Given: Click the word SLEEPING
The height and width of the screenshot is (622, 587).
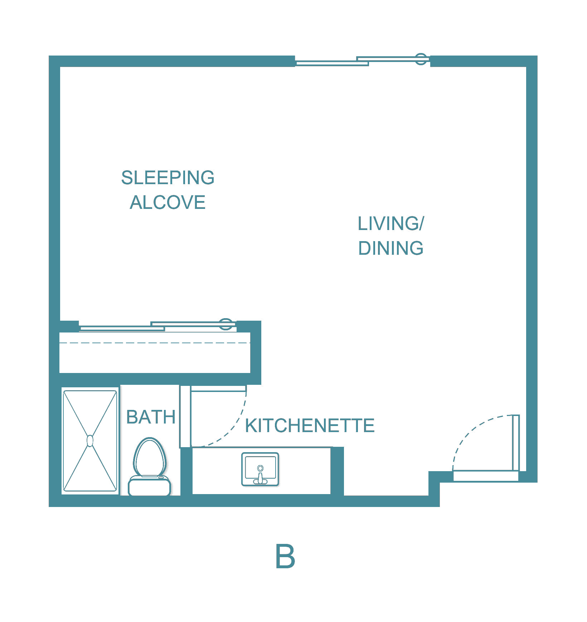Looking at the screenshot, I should pyautogui.click(x=168, y=178).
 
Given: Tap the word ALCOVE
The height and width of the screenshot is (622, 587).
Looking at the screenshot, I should pyautogui.click(x=168, y=202).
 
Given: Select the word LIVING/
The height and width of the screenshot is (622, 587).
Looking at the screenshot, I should pyautogui.click(x=390, y=224).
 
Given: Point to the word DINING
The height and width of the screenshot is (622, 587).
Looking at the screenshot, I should pyautogui.click(x=390, y=248).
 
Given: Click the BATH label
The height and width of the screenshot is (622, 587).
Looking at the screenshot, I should pyautogui.click(x=151, y=417).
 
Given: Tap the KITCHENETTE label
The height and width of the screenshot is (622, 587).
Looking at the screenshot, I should pyautogui.click(x=310, y=426).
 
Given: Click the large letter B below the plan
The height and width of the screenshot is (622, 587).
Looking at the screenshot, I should pyautogui.click(x=285, y=556).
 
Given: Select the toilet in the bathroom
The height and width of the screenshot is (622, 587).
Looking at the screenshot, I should pyautogui.click(x=150, y=459).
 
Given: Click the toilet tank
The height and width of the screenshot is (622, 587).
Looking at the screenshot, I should pyautogui.click(x=149, y=487).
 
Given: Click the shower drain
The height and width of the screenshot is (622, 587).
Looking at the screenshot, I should pyautogui.click(x=90, y=441).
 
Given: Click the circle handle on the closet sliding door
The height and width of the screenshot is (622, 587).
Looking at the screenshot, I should pyautogui.click(x=225, y=324).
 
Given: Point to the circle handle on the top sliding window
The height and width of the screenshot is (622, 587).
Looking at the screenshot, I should pyautogui.click(x=421, y=59).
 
